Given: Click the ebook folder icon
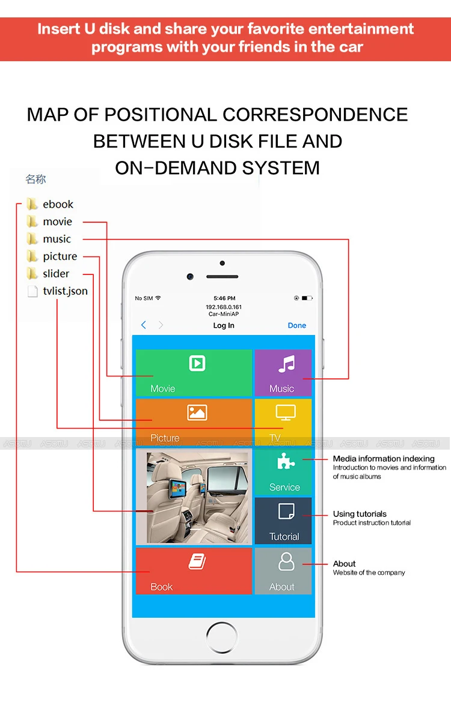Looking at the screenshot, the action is [x=32, y=204].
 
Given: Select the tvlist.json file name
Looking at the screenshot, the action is [x=66, y=291].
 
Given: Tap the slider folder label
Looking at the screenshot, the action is [x=56, y=274].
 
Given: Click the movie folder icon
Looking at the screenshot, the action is [x=32, y=222].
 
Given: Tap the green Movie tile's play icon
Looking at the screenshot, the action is [x=197, y=363].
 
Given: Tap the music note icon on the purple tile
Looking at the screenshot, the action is [x=286, y=364].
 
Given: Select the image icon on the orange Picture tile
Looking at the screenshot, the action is [x=197, y=412].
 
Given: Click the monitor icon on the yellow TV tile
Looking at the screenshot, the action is [x=286, y=412].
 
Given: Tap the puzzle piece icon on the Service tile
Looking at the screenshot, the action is [x=286, y=461].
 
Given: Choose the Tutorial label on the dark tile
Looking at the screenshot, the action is [x=284, y=537].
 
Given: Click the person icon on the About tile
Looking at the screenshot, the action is [x=286, y=561].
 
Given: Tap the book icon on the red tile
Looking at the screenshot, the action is [x=197, y=561].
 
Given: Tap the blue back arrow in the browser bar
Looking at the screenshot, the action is [x=143, y=325].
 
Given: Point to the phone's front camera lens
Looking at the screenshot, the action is [x=190, y=276].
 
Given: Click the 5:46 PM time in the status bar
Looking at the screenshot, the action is [x=225, y=298].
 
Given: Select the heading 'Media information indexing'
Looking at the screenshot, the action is [x=384, y=459].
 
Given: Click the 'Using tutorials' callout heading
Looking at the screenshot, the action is [x=360, y=514].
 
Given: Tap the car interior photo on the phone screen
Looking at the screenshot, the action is [x=197, y=498].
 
